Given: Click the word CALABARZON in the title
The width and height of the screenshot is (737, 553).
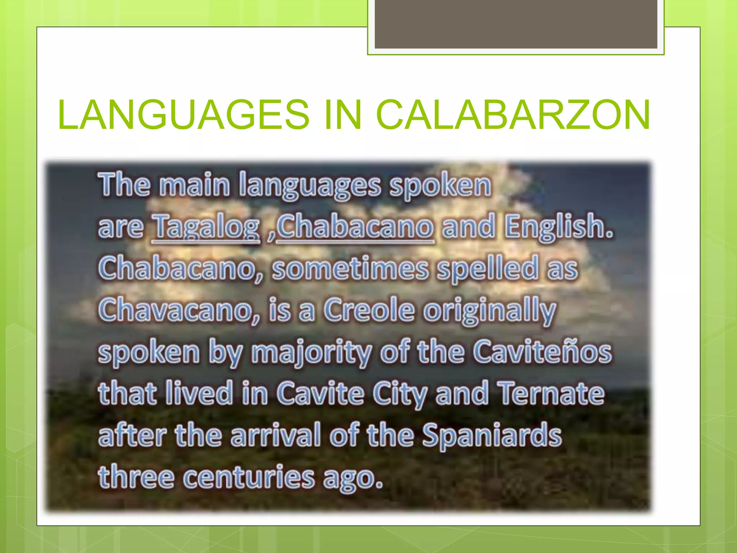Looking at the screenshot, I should [x=513, y=114].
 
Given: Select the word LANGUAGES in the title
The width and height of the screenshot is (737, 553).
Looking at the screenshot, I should [x=184, y=114].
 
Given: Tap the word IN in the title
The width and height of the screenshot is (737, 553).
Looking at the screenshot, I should [x=343, y=114].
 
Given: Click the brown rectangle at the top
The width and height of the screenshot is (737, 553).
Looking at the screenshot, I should [x=516, y=24].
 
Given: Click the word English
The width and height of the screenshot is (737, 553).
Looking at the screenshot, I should [x=559, y=227].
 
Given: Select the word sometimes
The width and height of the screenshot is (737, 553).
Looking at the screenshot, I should [x=351, y=269].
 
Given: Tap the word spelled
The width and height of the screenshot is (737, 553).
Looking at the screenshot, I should [x=488, y=269].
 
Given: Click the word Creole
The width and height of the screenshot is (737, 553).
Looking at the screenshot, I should [x=369, y=310].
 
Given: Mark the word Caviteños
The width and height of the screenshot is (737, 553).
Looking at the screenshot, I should [x=542, y=352].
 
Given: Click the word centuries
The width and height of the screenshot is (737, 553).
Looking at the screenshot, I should [x=249, y=477].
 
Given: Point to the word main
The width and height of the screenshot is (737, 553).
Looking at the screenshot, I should [x=195, y=185].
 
